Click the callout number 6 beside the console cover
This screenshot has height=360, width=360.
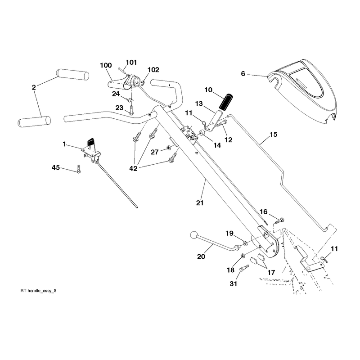coord(243,74)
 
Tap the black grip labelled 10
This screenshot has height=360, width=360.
coord(226,101)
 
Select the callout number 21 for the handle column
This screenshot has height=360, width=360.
coord(200,203)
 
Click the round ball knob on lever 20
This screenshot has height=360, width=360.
coord(194,235)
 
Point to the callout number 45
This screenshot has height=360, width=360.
coord(56,167)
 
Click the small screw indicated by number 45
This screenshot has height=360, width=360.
coord(78,169)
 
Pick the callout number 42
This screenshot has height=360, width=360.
coord(133,168)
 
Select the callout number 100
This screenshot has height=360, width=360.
coord(106,65)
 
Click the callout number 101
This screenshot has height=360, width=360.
coord(131,63)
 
